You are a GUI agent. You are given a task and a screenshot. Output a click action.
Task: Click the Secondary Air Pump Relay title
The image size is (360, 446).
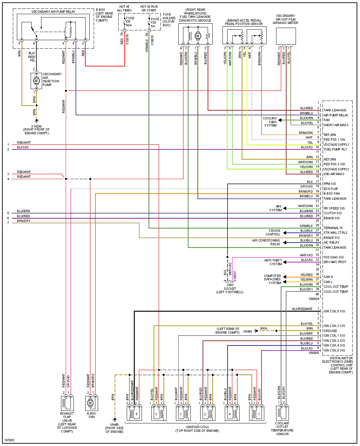pyautogui.click(x=53, y=12)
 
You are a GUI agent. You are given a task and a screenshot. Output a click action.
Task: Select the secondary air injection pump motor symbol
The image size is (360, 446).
pyautogui.click(x=36, y=81)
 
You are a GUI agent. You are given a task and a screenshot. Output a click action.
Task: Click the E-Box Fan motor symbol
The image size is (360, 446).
pyautogui.click(x=90, y=403)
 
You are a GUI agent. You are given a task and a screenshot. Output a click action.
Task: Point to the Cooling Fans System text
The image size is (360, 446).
pyautogui.click(x=270, y=122)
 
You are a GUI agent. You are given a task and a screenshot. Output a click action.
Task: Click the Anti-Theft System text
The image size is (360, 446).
pyautogui.click(x=273, y=262)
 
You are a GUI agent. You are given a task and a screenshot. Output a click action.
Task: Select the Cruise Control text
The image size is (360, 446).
pyautogui.click(x=273, y=232)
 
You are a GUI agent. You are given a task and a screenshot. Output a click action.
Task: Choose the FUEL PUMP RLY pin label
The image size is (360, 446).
pyautogui.click(x=335, y=149)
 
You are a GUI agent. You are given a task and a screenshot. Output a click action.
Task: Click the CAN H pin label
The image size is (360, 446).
pyautogui.click(x=328, y=277)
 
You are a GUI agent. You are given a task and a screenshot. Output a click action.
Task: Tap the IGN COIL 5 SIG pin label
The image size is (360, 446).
pyautogui.click(x=334, y=311)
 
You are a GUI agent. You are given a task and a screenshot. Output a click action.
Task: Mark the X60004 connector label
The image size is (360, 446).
pyautogui.click(x=314, y=299)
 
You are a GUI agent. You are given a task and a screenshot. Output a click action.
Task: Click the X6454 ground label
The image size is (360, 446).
pyautogui.click(x=248, y=332)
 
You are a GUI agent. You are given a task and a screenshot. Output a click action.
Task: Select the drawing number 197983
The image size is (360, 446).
pyautogui.click(x=9, y=440)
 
